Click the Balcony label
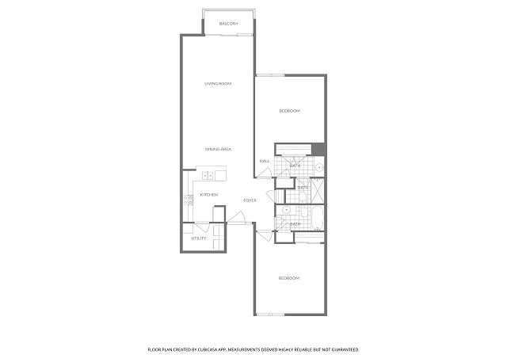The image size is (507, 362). click(x=229, y=24)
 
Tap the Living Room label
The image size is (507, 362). click(x=218, y=84)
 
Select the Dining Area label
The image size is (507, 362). click(x=218, y=149)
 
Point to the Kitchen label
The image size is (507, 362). click(x=209, y=195)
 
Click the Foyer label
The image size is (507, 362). click(x=250, y=200)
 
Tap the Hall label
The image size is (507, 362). click(x=265, y=161)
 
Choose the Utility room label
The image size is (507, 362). click(x=199, y=238)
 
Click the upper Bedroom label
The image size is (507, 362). click(x=290, y=111)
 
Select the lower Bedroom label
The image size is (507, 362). click(x=289, y=278)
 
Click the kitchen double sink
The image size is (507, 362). click(x=208, y=176)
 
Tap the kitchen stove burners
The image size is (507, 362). click(x=188, y=200)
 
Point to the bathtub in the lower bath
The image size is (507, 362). click(x=317, y=218)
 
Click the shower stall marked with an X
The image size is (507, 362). click(x=317, y=191)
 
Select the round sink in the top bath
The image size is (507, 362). click(x=319, y=167)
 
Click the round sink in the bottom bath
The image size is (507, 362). click(x=287, y=210)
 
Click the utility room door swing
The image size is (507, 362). click(x=203, y=227)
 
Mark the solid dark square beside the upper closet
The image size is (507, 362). click(x=318, y=149)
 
